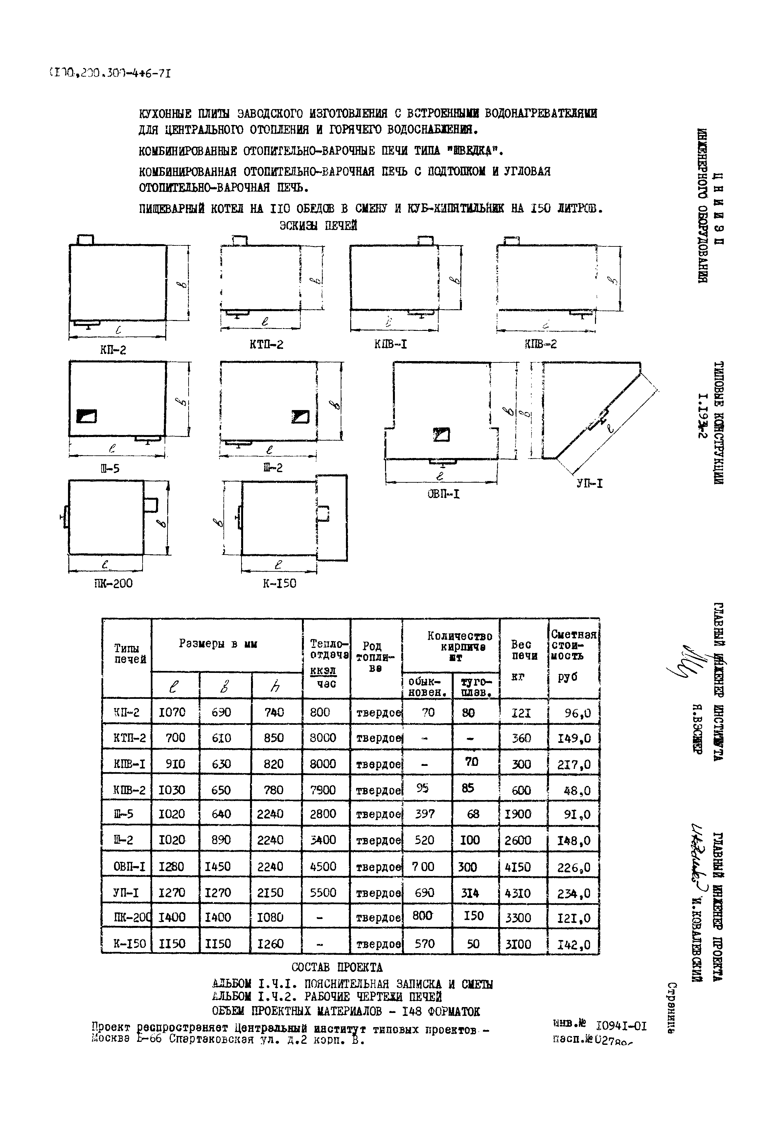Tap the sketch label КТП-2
point(266,345)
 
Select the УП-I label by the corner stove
point(590,484)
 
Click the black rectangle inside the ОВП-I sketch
point(442,434)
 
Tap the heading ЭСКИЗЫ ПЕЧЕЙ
point(318,226)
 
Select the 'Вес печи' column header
point(524,651)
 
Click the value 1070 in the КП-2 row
point(172,712)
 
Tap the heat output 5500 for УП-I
point(323,893)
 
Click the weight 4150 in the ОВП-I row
point(518,867)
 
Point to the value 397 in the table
point(424,814)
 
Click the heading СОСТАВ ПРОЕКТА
point(337,967)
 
